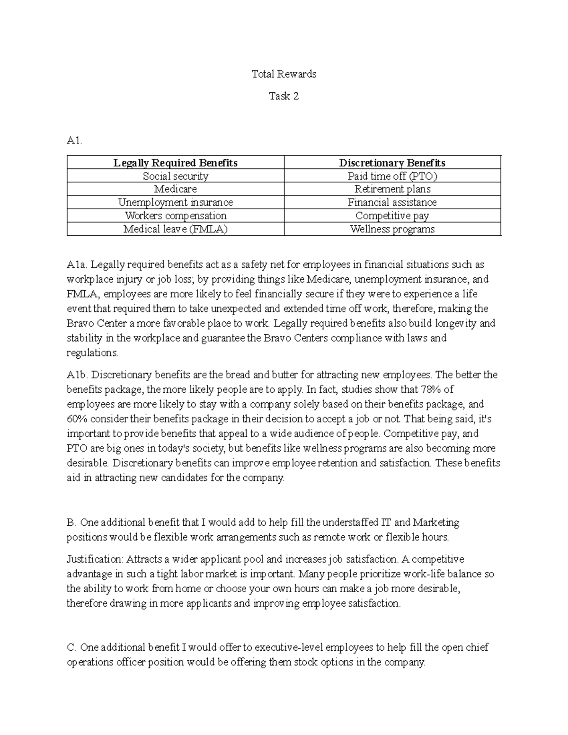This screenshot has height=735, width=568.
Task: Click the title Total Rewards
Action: (284, 74)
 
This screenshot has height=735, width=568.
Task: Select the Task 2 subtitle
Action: (284, 96)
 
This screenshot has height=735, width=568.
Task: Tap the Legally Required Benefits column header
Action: (175, 163)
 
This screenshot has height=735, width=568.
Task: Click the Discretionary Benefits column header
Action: (392, 163)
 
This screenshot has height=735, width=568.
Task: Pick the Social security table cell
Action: (175, 176)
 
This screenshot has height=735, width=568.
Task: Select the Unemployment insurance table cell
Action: (175, 203)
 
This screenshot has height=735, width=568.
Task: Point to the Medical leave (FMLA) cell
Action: (175, 229)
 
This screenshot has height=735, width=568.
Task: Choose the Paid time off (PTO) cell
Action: (392, 176)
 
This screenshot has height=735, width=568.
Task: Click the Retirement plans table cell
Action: (392, 189)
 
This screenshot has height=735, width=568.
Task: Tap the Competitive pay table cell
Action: (392, 216)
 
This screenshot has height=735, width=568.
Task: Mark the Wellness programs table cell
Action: (392, 229)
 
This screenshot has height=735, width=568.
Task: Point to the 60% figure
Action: (77, 419)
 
